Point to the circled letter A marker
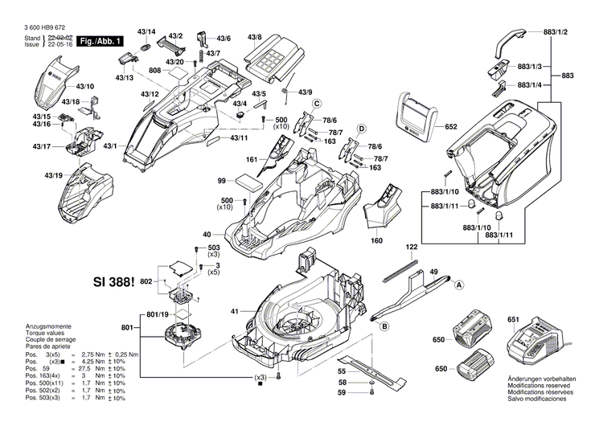click(x=460, y=285)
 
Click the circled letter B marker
click(x=384, y=326)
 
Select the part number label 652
click(x=450, y=126)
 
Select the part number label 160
click(x=375, y=239)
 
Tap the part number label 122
click(x=412, y=247)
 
